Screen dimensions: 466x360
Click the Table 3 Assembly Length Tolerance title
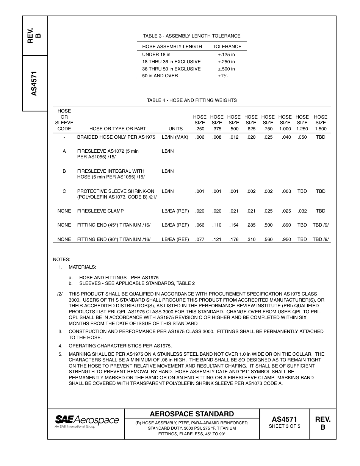point(192,36)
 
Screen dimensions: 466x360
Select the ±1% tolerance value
point(222,76)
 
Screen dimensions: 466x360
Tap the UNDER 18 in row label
point(156,55)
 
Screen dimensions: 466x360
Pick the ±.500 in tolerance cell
point(226,69)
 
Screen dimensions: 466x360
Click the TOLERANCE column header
point(227,47)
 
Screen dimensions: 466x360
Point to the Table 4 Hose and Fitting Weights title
point(192,100)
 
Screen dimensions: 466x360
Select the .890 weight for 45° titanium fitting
point(286,225)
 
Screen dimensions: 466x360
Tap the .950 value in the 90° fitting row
point(286,239)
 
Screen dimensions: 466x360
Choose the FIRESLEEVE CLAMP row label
point(100,211)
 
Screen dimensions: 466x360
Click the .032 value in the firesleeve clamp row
point(302,211)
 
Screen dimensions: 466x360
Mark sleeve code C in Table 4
point(64,191)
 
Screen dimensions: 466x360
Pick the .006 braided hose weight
point(200,137)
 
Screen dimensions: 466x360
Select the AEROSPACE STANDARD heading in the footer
point(192,414)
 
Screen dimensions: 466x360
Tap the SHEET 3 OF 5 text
point(284,426)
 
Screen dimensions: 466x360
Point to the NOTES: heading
point(61,260)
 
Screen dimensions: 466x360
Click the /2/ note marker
point(60,294)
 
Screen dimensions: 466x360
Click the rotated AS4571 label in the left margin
point(34,83)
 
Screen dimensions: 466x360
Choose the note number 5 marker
point(60,354)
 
